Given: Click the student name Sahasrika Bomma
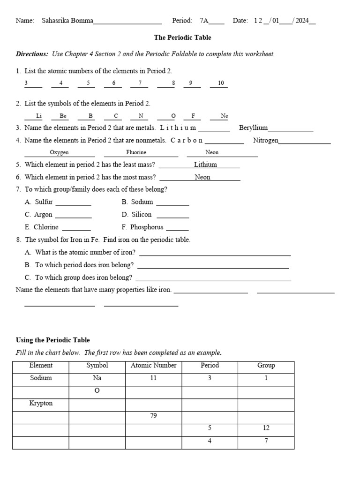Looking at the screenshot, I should pyautogui.click(x=67, y=21).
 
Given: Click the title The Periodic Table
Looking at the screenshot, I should pyautogui.click(x=183, y=37).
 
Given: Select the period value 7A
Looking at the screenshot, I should pyautogui.click(x=204, y=21).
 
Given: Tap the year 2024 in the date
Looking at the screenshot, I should pyautogui.click(x=302, y=21).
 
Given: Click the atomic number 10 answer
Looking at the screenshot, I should pyautogui.click(x=221, y=83).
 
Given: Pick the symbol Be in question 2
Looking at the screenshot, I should pyautogui.click(x=63, y=116).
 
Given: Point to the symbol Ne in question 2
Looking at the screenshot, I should pyautogui.click(x=225, y=116).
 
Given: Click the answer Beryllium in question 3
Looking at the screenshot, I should pyautogui.click(x=254, y=127).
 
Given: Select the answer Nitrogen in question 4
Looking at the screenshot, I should pyautogui.click(x=266, y=140).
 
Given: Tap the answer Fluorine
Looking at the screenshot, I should pyautogui.click(x=136, y=152).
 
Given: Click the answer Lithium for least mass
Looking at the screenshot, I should pyautogui.click(x=205, y=165).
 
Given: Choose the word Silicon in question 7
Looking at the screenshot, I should pyautogui.click(x=142, y=215).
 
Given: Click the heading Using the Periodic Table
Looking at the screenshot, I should pyautogui.click(x=53, y=340).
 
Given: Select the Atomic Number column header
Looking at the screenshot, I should pyautogui.click(x=154, y=366).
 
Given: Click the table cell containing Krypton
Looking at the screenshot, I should pyautogui.click(x=41, y=403).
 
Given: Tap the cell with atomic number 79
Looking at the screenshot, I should pyautogui.click(x=154, y=416).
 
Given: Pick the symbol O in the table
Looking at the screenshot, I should pyautogui.click(x=97, y=390).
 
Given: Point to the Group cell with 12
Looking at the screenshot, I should pyautogui.click(x=266, y=428).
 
